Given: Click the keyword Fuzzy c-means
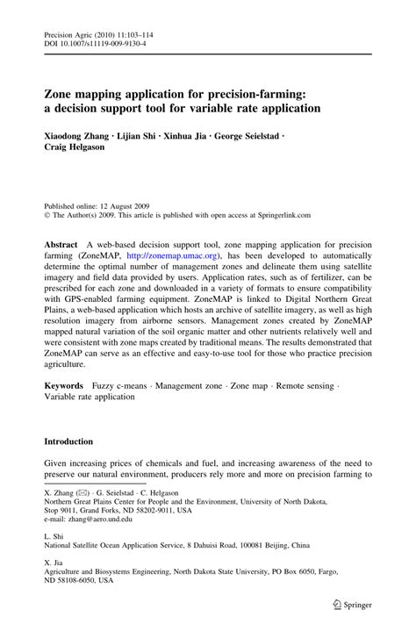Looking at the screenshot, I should pos(132,411).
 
